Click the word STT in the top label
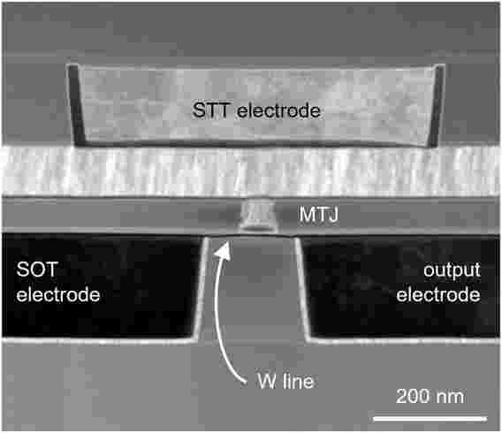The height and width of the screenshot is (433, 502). (210, 110)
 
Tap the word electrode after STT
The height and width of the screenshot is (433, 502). (279, 110)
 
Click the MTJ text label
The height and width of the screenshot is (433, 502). (318, 215)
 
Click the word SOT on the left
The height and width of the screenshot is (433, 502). (37, 270)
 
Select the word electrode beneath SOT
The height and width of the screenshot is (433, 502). (58, 294)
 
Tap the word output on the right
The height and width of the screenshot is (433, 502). (452, 270)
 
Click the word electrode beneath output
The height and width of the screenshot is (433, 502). (438, 294)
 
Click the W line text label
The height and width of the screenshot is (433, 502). (285, 381)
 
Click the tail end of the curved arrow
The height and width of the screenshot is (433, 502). (245, 382)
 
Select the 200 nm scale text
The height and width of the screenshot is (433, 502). (430, 396)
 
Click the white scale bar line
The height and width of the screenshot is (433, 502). (430, 418)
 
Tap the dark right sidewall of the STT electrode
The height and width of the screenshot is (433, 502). (437, 105)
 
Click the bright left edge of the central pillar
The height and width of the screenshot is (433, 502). (201, 288)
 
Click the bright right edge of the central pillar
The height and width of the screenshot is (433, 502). (303, 288)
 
